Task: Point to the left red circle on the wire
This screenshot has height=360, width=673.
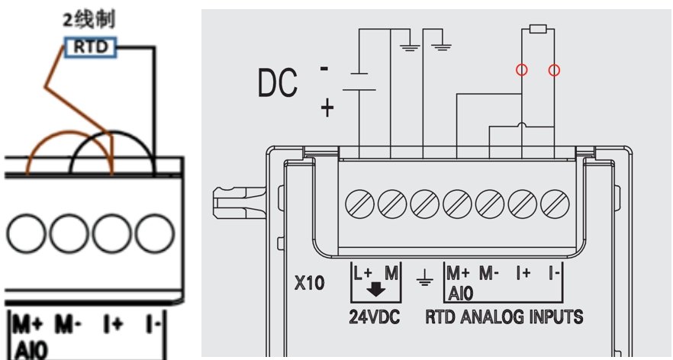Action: pyautogui.click(x=522, y=70)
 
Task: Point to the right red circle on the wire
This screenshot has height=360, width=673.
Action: pyautogui.click(x=555, y=70)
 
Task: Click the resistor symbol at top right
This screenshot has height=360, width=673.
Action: pyautogui.click(x=538, y=30)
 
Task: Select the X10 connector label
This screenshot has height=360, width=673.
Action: pyautogui.click(x=309, y=284)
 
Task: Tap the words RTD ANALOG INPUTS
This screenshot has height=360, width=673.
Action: pyautogui.click(x=504, y=316)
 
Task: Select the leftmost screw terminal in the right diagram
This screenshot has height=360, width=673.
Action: pyautogui.click(x=359, y=203)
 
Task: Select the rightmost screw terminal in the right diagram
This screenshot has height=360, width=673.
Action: pyautogui.click(x=555, y=203)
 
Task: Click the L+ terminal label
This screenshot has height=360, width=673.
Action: pyautogui.click(x=362, y=272)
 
